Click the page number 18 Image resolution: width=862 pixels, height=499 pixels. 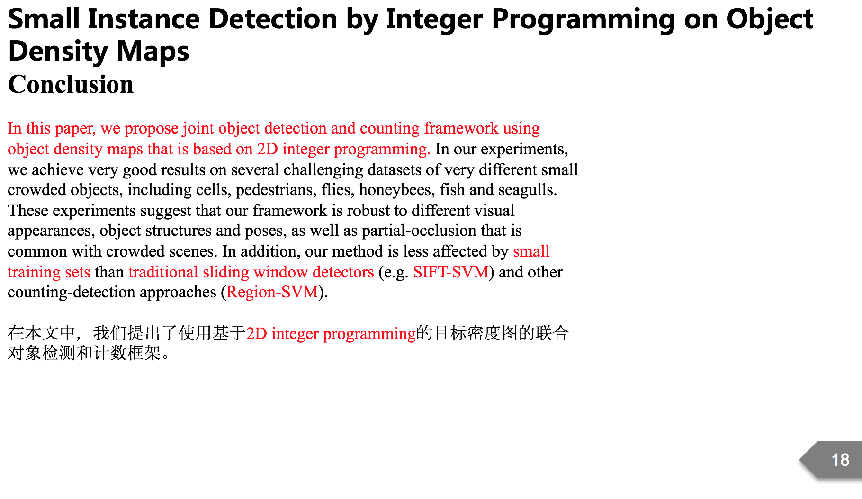click(x=840, y=460)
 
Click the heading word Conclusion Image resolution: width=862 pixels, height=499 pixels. click(x=71, y=85)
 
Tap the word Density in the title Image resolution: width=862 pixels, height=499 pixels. click(x=59, y=52)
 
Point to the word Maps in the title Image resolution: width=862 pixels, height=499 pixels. click(x=153, y=52)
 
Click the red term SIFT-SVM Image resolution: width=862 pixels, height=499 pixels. click(x=450, y=272)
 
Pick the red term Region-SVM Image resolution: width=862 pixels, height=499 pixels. click(x=272, y=292)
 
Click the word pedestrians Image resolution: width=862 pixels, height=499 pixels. click(x=276, y=190)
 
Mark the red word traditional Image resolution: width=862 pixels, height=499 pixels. click(x=163, y=272)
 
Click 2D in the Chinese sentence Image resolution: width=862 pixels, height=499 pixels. click(x=257, y=334)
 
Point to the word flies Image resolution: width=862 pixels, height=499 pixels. click(x=337, y=190)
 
